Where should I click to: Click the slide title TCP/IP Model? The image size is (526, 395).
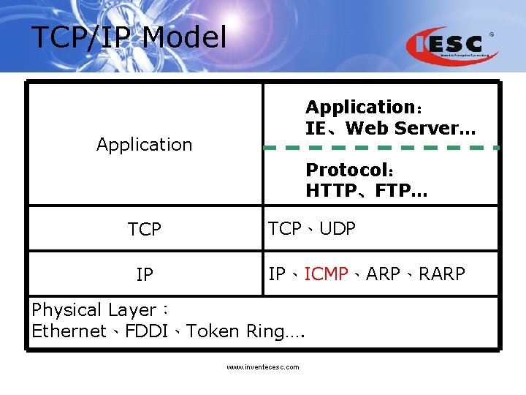click(129, 37)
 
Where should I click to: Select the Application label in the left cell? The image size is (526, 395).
click(144, 145)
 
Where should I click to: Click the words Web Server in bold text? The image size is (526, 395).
click(411, 128)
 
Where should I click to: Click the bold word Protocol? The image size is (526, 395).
click(347, 170)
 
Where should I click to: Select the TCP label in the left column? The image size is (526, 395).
click(144, 230)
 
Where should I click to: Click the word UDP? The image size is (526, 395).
click(338, 229)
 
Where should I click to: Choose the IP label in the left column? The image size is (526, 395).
click(144, 275)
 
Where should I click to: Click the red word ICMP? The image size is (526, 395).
click(326, 274)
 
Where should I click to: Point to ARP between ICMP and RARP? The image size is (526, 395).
click(383, 274)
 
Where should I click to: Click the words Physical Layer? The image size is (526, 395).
click(94, 310)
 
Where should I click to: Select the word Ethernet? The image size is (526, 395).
click(69, 331)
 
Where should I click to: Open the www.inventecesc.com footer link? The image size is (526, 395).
click(262, 367)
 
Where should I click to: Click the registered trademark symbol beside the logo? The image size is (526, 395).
click(491, 34)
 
